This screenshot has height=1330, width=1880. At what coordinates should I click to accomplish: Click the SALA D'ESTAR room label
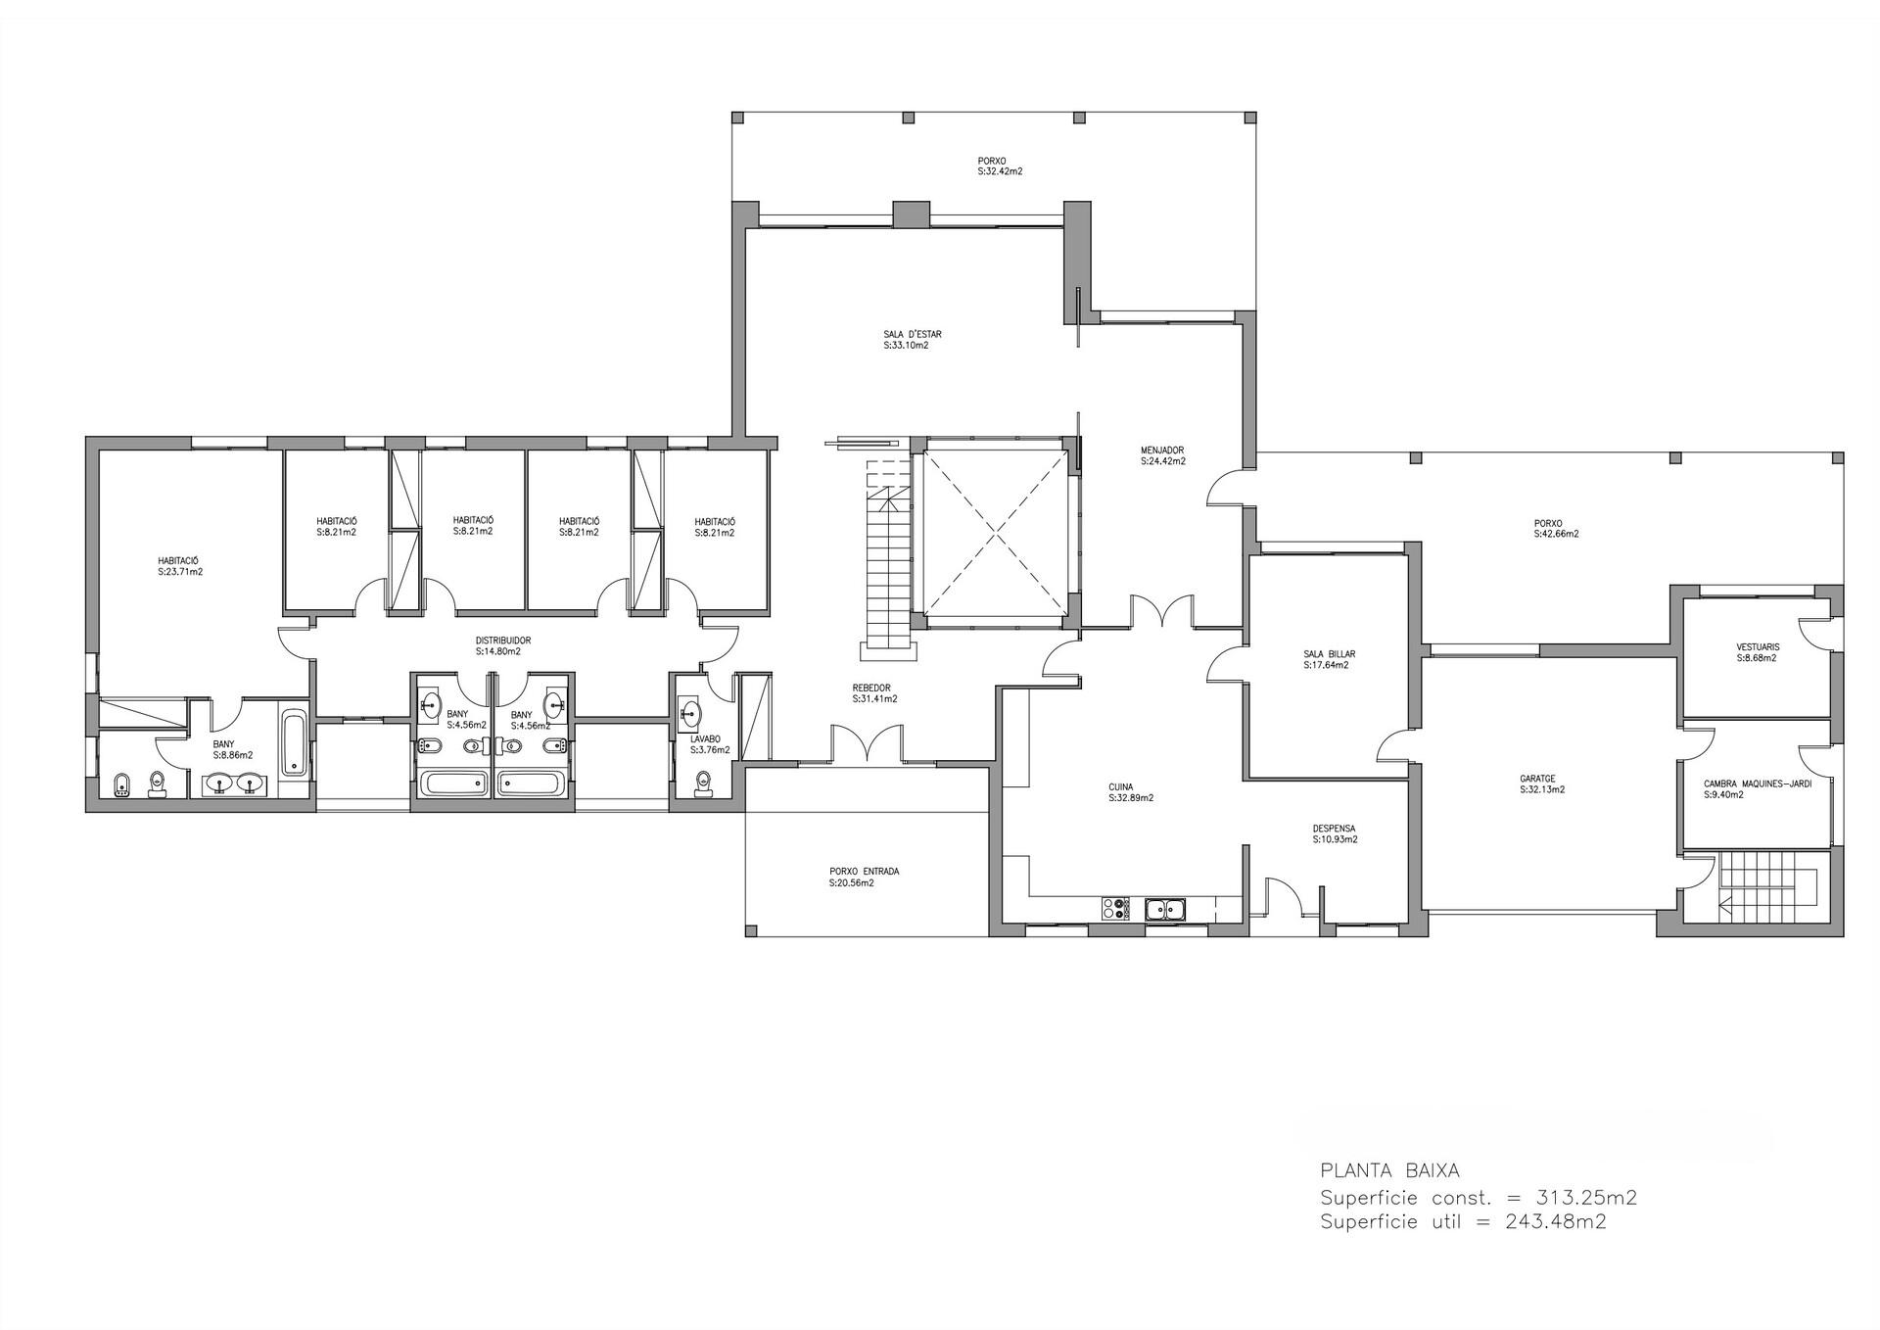point(912,334)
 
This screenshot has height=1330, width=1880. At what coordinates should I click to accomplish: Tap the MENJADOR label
point(1162,450)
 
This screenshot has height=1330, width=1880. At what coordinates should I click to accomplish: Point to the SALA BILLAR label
point(1329,654)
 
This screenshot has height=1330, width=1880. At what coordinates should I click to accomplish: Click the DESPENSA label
point(1334,829)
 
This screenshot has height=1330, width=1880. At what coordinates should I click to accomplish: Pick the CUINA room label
point(1120,786)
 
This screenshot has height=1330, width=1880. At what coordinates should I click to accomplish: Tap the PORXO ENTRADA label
point(864,872)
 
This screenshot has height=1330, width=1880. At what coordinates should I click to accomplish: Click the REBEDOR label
point(870,688)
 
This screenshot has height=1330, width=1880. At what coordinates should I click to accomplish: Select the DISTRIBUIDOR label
point(503,641)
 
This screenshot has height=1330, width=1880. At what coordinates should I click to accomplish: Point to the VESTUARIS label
point(1757,647)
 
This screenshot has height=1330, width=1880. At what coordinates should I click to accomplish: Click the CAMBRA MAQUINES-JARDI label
point(1757,784)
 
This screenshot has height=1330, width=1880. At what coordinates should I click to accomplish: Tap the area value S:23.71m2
point(180,572)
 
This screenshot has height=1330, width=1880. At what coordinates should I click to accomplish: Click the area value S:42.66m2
point(1556,535)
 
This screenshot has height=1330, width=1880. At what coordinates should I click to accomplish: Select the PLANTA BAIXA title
point(1389,1170)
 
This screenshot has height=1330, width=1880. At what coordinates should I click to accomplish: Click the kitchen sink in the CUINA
point(1166,909)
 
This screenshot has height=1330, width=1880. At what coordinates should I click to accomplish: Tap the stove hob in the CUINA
point(1114,909)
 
